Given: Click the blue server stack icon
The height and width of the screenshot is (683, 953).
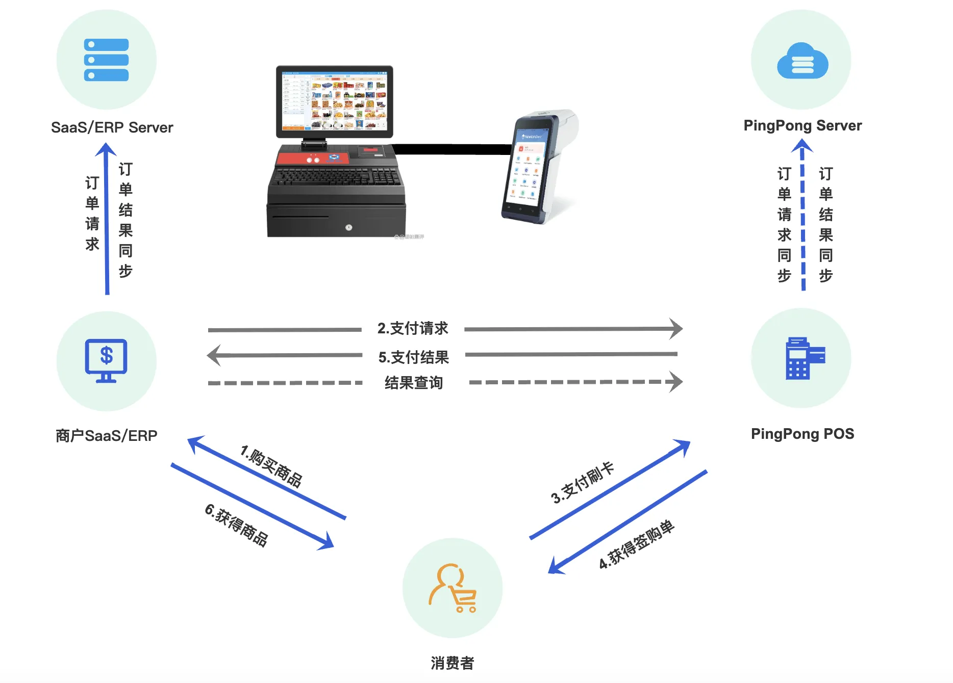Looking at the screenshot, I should point(106,60).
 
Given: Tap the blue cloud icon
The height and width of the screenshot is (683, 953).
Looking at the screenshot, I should point(802,61).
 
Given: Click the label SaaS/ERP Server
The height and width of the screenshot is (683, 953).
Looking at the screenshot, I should point(112,127).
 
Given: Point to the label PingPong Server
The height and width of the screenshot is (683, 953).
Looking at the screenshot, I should point(802,125).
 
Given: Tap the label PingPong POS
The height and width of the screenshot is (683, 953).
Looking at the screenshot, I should point(802,434).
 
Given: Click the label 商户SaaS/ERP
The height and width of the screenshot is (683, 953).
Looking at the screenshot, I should point(106,436).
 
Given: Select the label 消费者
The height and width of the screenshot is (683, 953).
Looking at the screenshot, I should point(452,663).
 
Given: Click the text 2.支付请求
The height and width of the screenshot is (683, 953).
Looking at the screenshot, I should point(412,328).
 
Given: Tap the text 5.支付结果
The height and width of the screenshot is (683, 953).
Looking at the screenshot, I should point(413,357).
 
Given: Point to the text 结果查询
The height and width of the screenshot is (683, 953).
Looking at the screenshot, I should point(413,383).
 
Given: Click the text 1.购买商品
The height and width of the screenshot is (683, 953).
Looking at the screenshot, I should point(271,466).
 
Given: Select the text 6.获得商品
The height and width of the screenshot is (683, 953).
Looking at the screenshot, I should point(236,525).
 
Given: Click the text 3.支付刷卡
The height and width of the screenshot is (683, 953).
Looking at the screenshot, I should point(582,483).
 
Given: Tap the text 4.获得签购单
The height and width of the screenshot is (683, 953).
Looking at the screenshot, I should point(637,544).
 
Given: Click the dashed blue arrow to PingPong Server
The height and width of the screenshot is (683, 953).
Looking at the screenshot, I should point(803,219).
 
